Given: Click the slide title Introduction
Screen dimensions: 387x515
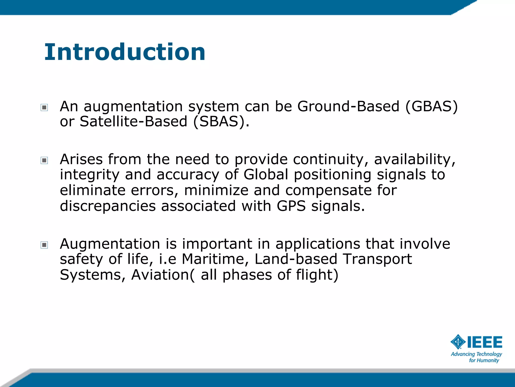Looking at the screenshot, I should pyautogui.click(x=125, y=52).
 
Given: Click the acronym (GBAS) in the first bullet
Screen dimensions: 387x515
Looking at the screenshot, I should pyautogui.click(x=432, y=106).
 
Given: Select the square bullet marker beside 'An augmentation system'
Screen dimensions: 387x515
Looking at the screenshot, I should pyautogui.click(x=44, y=108).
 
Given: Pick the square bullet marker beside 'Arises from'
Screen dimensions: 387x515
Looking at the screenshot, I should pyautogui.click(x=44, y=160).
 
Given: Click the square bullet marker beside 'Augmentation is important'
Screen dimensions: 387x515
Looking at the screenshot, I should pyautogui.click(x=44, y=245).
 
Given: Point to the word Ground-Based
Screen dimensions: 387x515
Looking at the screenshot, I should pyautogui.click(x=348, y=106).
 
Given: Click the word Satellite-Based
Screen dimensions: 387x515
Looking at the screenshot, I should pyautogui.click(x=134, y=121).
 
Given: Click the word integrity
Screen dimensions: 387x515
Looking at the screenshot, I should pyautogui.click(x=89, y=175).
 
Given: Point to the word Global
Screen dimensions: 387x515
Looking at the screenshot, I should pyautogui.click(x=266, y=175).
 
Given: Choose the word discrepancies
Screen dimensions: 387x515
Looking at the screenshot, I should pyautogui.click(x=108, y=206).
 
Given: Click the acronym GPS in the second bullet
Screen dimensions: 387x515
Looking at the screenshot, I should pyautogui.click(x=291, y=206).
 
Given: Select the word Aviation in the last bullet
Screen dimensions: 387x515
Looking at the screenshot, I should pyautogui.click(x=160, y=275).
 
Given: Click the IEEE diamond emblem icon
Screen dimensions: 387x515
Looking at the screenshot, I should pyautogui.click(x=458, y=342).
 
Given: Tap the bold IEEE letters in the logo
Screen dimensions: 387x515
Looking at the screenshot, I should pyautogui.click(x=485, y=342).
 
